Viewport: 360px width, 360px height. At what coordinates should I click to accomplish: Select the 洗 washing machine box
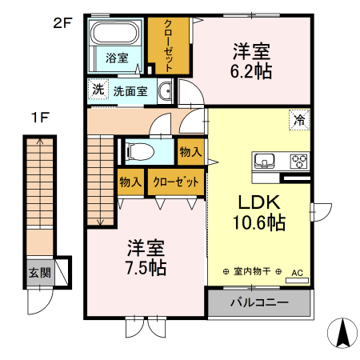tap(96, 90)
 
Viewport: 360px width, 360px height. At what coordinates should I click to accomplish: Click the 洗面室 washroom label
tap(130, 90)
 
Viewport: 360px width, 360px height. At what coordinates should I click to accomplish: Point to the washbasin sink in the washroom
tap(166, 90)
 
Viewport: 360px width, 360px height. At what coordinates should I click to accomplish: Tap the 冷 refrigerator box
tap(298, 121)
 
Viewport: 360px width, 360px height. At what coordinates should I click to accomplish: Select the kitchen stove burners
tap(299, 161)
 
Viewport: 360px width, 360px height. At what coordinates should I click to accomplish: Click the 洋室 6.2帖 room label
tap(252, 61)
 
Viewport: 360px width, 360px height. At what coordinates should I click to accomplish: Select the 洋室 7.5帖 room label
tap(145, 256)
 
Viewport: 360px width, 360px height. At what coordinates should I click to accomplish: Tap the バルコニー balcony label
tap(259, 303)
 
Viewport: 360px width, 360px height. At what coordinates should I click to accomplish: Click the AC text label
tap(297, 273)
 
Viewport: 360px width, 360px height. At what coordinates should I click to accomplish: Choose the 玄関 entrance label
tap(39, 272)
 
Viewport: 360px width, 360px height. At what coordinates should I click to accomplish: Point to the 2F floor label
tap(62, 23)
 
